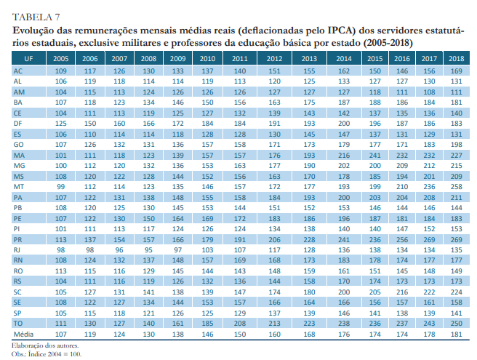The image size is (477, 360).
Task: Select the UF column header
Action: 28,57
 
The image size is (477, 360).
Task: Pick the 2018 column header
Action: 456,57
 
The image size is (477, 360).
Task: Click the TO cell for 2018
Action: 456,323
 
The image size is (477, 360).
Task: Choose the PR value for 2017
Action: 429,239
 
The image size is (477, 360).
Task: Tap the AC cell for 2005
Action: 62,70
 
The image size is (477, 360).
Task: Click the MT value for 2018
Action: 456,186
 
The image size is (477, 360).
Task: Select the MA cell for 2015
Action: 375,155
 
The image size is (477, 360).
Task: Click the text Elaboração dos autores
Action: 44,346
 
